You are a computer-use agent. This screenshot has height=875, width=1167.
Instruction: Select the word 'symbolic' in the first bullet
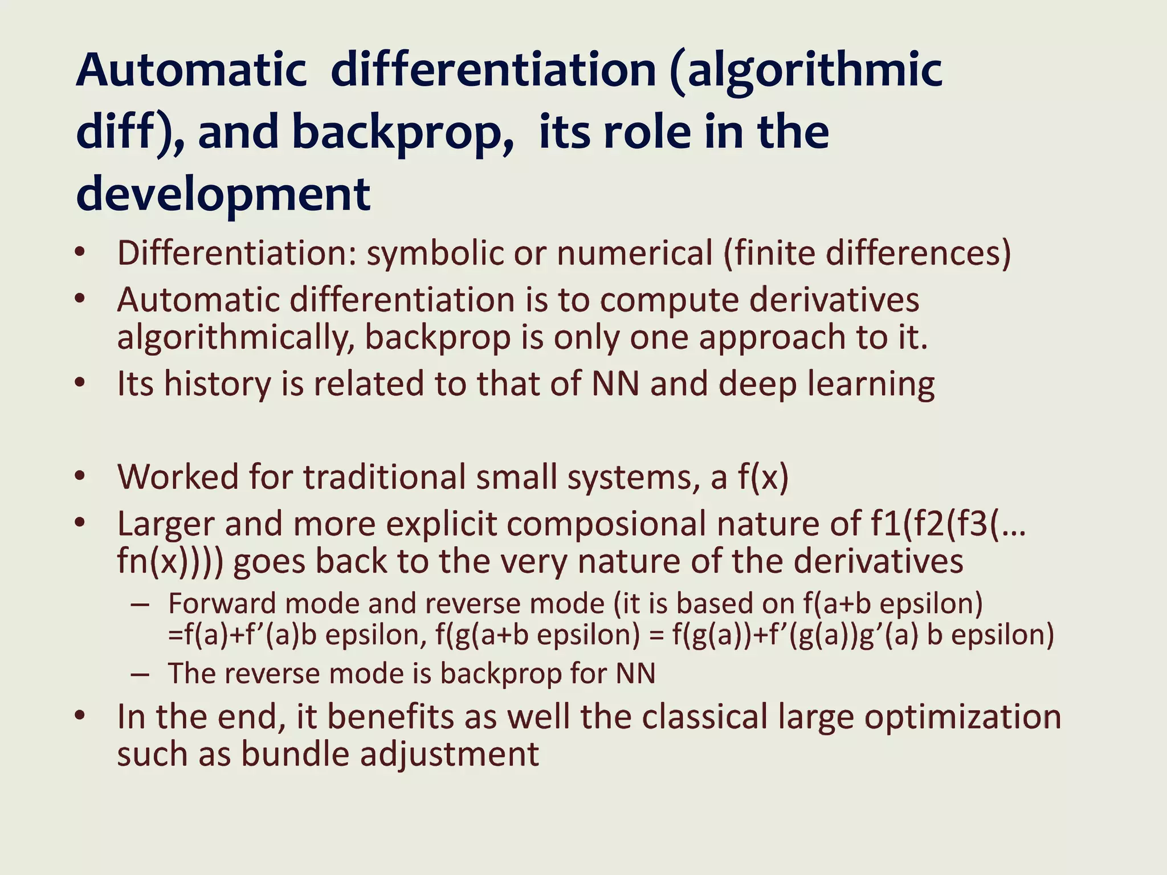point(435,253)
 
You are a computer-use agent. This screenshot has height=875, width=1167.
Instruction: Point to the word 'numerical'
point(634,253)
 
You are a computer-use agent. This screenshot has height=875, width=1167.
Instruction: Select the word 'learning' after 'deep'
point(871,384)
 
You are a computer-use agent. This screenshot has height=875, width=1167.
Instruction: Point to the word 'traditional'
point(385,477)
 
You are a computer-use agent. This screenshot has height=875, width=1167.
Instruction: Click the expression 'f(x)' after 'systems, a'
point(763,477)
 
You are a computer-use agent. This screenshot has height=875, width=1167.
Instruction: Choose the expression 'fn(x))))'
point(170,562)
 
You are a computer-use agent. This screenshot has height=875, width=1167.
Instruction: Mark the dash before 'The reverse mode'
point(140,674)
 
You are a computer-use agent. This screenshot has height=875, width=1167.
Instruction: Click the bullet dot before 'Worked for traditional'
point(80,476)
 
